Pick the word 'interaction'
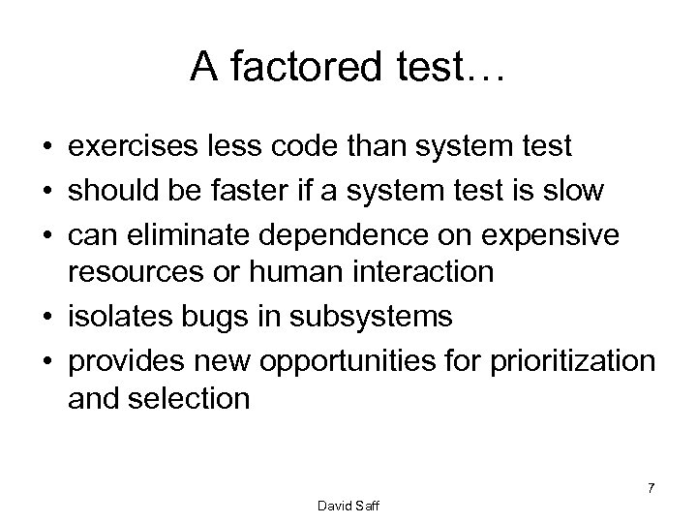click(x=427, y=272)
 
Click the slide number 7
click(x=651, y=489)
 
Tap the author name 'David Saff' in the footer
click(x=348, y=508)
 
